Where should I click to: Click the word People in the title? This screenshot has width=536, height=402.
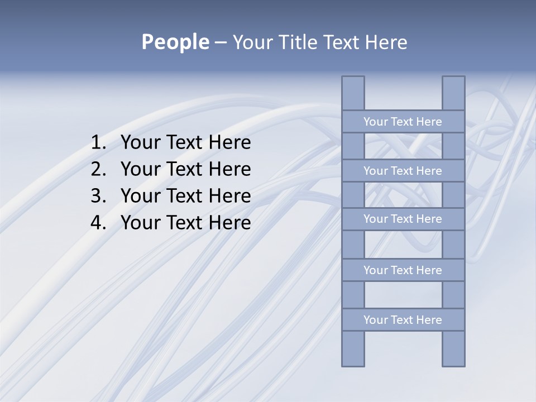tap(174, 42)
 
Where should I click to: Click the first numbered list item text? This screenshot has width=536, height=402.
tap(185, 143)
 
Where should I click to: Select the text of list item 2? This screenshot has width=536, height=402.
tap(185, 169)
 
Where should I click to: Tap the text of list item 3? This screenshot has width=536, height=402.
tap(185, 196)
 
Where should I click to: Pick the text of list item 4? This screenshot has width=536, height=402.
tap(185, 223)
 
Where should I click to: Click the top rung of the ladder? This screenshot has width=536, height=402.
tap(403, 122)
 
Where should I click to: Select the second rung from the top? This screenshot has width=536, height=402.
tap(403, 171)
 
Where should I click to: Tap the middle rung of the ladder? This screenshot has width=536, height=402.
tap(403, 219)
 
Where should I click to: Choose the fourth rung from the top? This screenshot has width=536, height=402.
tap(403, 270)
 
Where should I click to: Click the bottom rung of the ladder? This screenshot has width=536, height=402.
tap(403, 320)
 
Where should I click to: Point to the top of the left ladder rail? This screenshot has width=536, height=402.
tap(353, 84)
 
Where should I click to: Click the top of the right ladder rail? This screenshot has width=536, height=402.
tap(453, 84)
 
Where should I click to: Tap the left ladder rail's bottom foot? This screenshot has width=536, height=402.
tap(353, 357)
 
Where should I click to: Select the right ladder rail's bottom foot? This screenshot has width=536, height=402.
tap(453, 357)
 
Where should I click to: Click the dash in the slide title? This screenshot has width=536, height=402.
tap(220, 42)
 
